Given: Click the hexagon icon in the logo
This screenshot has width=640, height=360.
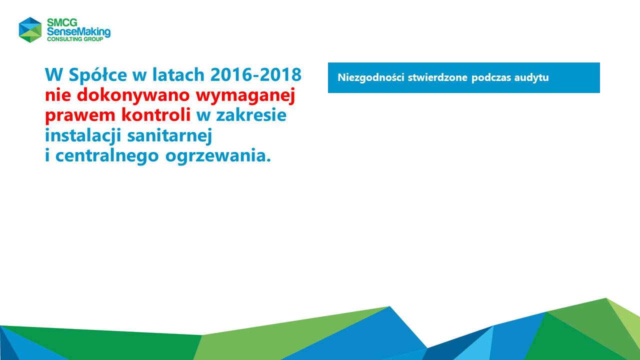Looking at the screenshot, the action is tap(30, 29).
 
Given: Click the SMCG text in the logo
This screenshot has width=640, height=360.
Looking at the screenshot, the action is tap(62, 22).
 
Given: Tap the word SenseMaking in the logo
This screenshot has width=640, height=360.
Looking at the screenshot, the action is tap(78, 32).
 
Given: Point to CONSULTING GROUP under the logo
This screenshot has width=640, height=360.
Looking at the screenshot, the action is tap(75, 39).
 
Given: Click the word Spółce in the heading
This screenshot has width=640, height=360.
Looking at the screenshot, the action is tap(97, 75).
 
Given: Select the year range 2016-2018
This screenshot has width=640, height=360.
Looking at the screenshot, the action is tap(256, 74).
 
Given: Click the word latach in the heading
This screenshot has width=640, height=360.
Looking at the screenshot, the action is tap(178, 74).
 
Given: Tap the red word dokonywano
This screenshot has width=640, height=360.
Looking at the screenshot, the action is tap(133, 95).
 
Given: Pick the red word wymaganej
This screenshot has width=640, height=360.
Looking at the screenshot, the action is tap(245, 96).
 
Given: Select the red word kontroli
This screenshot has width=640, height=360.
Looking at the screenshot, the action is tap(156, 115).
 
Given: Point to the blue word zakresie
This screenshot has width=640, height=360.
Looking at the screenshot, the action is tap(251, 115).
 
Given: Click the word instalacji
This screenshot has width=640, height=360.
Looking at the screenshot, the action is tap(83, 135).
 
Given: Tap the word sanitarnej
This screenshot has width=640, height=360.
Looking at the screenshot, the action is tap(169, 135).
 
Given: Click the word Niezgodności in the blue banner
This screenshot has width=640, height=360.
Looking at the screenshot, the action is tap(371, 77).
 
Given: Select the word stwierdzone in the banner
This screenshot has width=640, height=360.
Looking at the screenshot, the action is tap(437, 77).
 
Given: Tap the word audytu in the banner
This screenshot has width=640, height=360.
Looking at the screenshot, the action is tap(531, 77).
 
